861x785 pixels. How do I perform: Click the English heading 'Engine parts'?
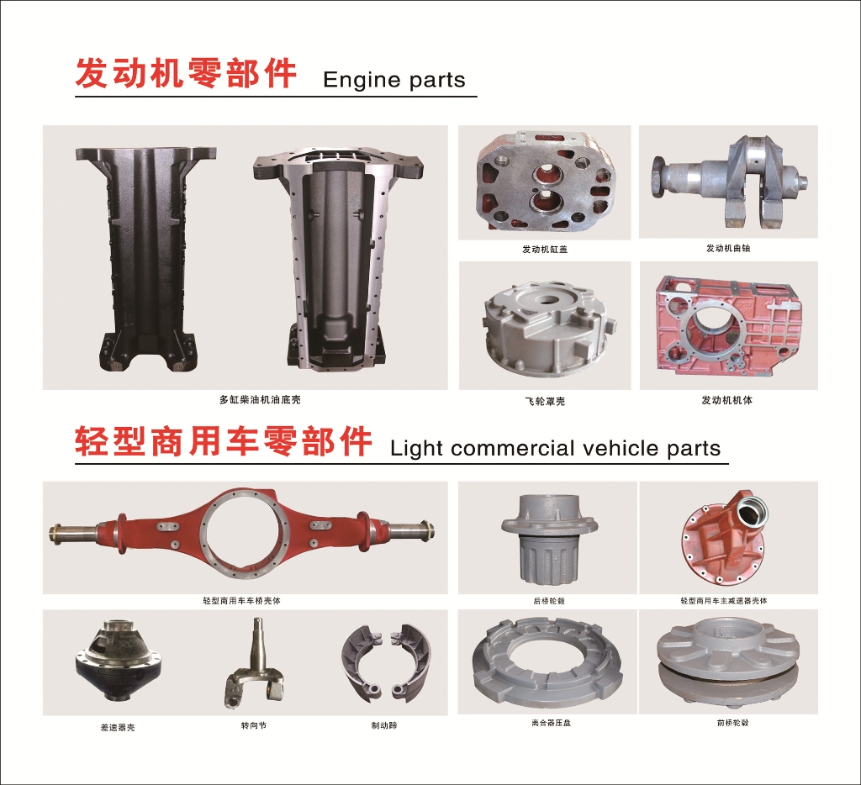[394, 80]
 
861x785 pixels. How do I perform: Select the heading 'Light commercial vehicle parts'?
[555, 449]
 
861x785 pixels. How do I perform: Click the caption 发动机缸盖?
[545, 250]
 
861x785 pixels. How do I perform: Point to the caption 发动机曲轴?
[728, 248]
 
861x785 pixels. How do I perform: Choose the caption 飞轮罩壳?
[545, 401]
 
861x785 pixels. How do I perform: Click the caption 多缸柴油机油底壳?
[261, 400]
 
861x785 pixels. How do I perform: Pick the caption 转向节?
[254, 725]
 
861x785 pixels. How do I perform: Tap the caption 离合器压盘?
[552, 723]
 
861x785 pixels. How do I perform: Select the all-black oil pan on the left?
[145, 259]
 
